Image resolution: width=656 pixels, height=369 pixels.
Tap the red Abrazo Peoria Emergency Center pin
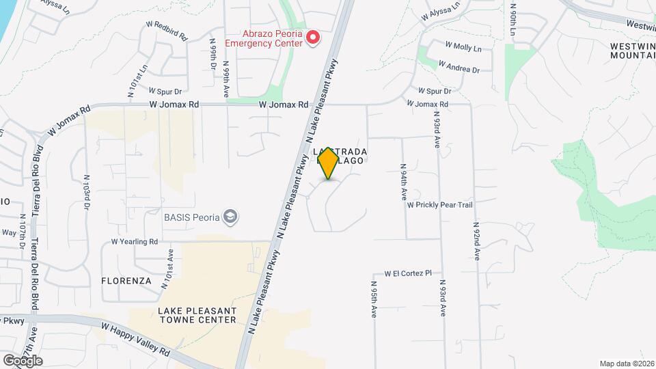coord(314,38)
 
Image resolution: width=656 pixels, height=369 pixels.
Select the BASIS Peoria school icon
coord(232,217)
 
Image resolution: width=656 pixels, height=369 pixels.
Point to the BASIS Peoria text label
coord(191,218)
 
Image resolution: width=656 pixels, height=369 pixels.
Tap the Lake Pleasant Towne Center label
coord(197,315)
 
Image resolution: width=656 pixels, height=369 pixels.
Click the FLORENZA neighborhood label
coord(126,281)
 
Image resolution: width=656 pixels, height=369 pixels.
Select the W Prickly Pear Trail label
coord(439,204)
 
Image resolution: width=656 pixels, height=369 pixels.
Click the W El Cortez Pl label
coord(408,273)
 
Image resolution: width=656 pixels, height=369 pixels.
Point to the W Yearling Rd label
coord(135,242)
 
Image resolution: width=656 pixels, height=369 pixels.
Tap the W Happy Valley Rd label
coord(135,338)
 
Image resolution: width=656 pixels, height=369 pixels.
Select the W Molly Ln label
coord(463,46)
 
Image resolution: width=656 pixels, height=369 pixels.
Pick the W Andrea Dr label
coord(459,67)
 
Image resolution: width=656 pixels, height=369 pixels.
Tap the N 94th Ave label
coord(404,181)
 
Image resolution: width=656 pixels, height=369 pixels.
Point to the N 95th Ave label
coord(374,299)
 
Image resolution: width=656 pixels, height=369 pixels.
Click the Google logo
coord(23,360)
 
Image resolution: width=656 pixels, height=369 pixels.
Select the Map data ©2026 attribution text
coord(627,364)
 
